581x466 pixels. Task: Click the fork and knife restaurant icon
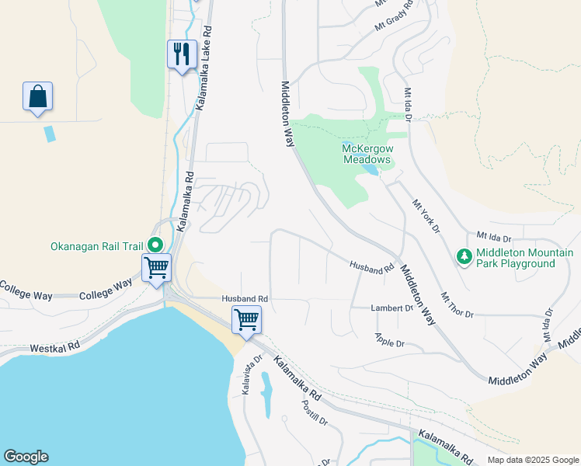click(182, 54)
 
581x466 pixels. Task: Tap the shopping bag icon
click(37, 96)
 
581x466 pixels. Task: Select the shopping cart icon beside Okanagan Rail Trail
click(157, 268)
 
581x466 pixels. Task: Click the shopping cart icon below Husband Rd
click(246, 318)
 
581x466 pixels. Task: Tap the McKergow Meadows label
click(367, 153)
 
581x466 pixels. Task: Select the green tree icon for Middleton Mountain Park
click(464, 256)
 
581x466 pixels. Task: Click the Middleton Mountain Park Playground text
click(525, 258)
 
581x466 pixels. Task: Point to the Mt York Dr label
click(426, 217)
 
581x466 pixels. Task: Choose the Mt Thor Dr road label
click(457, 305)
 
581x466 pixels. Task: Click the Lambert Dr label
click(392, 308)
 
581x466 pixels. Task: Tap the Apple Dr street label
click(390, 340)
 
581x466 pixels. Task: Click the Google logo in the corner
click(26, 457)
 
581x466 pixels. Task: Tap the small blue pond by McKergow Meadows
click(371, 169)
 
